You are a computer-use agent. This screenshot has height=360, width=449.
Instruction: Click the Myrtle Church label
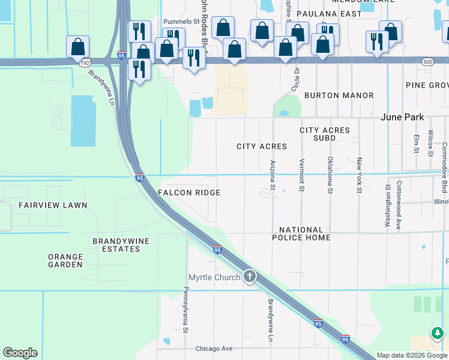pos(214,277)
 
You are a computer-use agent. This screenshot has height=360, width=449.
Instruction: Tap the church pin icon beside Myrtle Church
pos(249,277)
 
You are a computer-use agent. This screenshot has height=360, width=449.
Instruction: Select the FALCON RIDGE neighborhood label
pos(188,193)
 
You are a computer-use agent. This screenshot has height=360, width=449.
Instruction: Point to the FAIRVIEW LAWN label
pos(53,205)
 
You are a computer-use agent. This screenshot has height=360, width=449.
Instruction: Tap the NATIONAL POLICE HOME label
pos(304,234)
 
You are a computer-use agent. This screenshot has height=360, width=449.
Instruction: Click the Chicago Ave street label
pos(214,349)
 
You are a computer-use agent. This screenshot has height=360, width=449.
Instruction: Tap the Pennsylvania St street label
pos(185,310)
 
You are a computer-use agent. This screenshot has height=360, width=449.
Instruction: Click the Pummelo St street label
pos(181,22)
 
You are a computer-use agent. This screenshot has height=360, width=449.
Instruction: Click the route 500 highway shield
pos(427,62)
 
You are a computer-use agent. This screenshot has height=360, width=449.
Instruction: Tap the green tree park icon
pos(438,332)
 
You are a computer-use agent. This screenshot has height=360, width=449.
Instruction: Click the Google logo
pos(20,353)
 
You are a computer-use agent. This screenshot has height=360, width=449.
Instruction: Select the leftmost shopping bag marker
pos(78,46)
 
